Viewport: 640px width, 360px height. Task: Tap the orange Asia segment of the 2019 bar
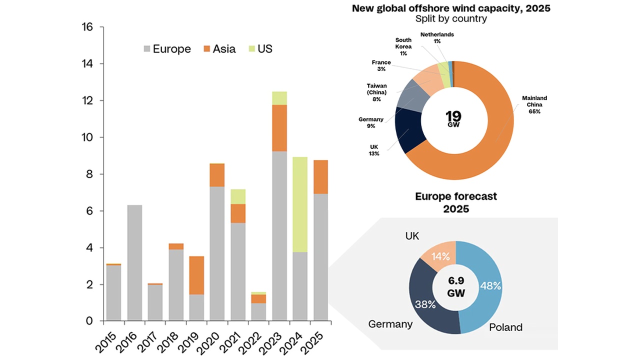196,274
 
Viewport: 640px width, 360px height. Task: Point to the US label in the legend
265,49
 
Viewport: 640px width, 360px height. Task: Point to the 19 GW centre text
453,118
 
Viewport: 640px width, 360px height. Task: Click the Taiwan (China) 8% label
376,92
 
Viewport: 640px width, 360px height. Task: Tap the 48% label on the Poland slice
490,285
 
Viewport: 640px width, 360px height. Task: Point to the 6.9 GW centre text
456,287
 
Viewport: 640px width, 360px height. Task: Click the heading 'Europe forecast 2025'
456,202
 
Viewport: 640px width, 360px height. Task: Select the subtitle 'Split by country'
451,19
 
